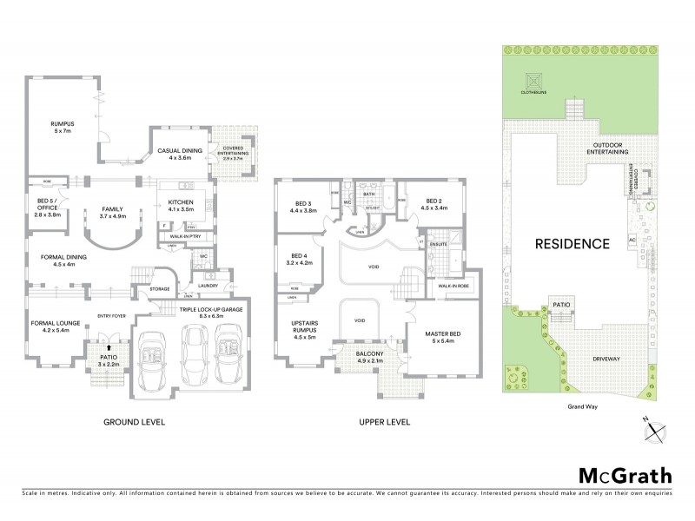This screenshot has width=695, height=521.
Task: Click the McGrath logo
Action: click(625, 475)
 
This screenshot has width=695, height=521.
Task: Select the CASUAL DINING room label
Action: click(179, 154)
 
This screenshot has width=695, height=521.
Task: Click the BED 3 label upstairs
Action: click(305, 207)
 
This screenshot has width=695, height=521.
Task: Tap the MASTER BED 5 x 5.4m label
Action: click(441, 338)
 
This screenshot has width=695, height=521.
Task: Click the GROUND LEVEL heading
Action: click(135, 422)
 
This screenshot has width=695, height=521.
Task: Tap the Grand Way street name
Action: click(581, 406)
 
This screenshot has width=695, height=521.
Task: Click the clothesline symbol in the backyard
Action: click(531, 81)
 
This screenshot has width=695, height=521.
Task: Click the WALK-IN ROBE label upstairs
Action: click(454, 286)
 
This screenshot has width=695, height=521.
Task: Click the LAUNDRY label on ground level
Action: click(208, 285)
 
